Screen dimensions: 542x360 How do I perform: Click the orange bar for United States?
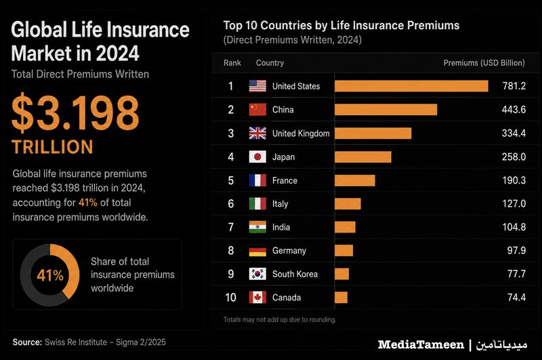(x=411, y=86)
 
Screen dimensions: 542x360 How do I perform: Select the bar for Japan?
(x=363, y=157)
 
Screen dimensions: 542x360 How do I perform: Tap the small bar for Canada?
(x=341, y=298)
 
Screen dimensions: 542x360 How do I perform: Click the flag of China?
(x=257, y=110)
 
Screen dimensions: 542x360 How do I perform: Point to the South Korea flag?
(x=257, y=274)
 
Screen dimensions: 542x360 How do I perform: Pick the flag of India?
(x=257, y=227)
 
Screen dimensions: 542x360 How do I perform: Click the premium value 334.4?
(x=514, y=133)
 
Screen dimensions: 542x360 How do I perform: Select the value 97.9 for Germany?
(x=516, y=250)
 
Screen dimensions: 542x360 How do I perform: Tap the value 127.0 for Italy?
(x=514, y=203)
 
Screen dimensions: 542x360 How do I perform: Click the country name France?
(x=285, y=180)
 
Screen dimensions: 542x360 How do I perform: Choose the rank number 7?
(x=231, y=227)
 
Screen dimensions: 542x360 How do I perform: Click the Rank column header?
(x=232, y=63)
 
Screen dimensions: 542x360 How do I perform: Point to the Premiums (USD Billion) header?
(x=484, y=63)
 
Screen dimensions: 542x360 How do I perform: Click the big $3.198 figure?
(x=75, y=113)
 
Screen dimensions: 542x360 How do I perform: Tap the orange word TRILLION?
(x=53, y=147)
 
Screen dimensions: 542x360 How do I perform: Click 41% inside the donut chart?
(x=50, y=276)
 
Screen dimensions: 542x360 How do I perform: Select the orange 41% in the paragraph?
(x=88, y=202)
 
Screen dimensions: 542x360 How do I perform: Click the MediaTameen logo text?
(x=421, y=344)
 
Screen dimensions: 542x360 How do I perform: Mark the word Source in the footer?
(x=27, y=342)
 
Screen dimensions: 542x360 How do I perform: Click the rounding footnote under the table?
(x=280, y=319)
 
